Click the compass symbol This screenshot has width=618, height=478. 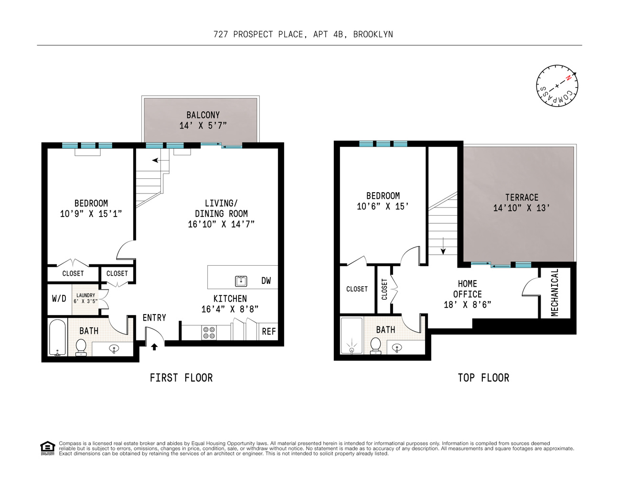[x=556, y=86]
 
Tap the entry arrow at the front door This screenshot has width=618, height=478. [x=154, y=347]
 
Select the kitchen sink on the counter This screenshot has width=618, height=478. [x=241, y=281]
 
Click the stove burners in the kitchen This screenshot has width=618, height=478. [x=209, y=333]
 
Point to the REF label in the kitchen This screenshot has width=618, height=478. [x=269, y=331]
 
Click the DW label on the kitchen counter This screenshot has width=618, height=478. [x=266, y=281]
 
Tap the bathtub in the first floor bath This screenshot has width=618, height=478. [x=57, y=338]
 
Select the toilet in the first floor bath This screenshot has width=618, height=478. [x=81, y=347]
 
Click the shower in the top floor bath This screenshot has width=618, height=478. [x=352, y=337]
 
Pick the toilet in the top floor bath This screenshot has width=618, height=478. [x=376, y=345]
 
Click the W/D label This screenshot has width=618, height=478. [x=59, y=299]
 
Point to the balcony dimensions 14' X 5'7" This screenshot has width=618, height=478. [x=203, y=126]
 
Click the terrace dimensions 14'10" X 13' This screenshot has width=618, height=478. [x=522, y=208]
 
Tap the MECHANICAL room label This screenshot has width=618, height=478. [x=554, y=292]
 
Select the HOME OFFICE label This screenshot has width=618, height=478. [x=467, y=289]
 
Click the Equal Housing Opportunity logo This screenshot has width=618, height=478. [x=47, y=448]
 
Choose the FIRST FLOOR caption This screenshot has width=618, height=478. [x=181, y=378]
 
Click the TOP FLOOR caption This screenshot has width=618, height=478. [x=483, y=378]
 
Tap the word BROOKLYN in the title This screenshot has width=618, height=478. [x=373, y=34]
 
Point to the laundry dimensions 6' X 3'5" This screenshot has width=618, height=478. [x=85, y=302]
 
